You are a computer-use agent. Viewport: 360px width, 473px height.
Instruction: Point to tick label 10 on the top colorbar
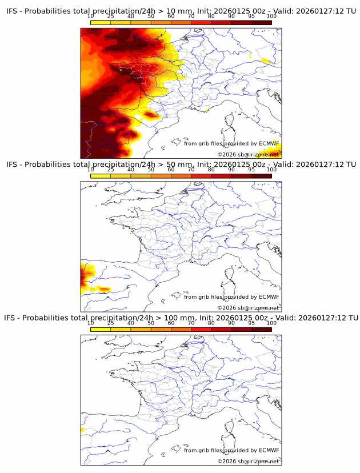pos(90,16)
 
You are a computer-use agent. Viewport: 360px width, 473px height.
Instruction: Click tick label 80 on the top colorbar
pos(211,16)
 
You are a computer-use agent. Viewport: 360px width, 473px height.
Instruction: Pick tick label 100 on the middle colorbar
pos(271,170)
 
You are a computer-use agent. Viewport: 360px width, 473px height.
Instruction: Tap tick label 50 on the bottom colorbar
pos(151,323)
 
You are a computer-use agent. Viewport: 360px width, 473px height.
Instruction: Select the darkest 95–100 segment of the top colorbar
pos(261,22)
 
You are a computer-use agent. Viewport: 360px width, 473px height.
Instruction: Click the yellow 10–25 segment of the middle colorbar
pos(101,176)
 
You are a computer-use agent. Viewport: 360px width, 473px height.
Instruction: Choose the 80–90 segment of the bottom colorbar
pos(221,329)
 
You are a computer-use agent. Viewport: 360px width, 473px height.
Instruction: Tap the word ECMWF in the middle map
pos(269,296)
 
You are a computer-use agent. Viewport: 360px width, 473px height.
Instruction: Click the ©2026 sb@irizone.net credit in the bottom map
pos(248,461)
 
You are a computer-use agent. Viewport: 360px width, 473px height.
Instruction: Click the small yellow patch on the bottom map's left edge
pos(82,430)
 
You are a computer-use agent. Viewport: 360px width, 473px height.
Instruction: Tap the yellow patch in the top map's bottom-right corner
pos(268,151)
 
